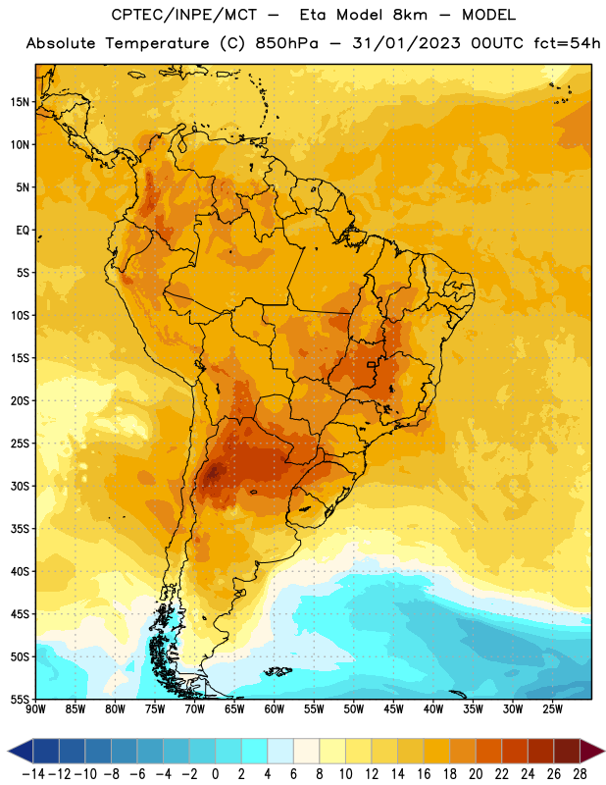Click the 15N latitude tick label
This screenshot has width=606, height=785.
point(20,102)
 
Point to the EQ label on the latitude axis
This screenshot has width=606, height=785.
point(23,231)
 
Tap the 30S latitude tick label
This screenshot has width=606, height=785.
point(20,486)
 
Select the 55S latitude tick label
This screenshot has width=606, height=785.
point(20,700)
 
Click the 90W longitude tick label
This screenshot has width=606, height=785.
point(35,708)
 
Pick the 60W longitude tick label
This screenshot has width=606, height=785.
point(275,708)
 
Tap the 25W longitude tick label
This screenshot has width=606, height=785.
point(552,708)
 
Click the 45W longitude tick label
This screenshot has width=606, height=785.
point(393,708)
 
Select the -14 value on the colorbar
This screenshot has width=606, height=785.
point(33,774)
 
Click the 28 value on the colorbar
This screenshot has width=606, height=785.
point(580,774)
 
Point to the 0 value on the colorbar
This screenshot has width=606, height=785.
point(215,774)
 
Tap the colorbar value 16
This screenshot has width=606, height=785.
point(424,774)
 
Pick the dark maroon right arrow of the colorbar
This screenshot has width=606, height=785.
point(591,751)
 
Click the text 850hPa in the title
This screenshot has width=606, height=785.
point(286,43)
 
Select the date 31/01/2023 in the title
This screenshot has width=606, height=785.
point(406,43)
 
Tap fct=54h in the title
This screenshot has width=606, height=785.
point(567,43)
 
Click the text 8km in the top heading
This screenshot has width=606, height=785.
point(410,15)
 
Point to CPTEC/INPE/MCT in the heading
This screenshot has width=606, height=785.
point(184,15)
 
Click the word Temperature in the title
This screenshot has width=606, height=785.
point(157,44)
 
